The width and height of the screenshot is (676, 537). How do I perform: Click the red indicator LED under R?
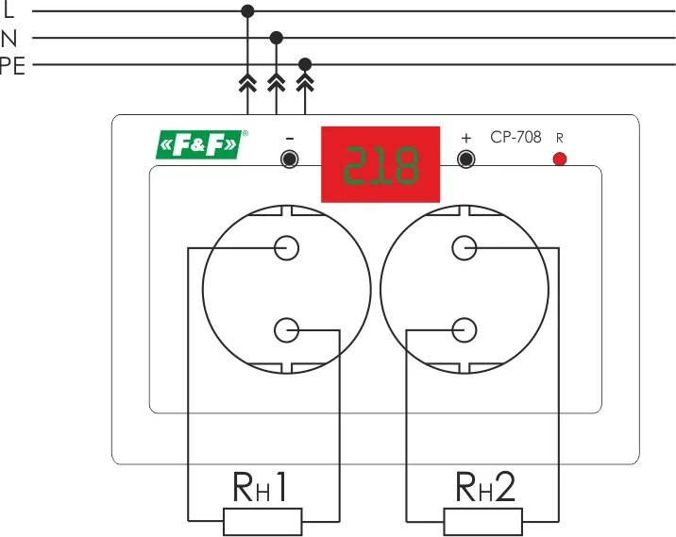[559, 159]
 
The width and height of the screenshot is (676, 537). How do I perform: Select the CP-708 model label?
[515, 137]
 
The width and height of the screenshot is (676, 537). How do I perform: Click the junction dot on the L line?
[247, 11]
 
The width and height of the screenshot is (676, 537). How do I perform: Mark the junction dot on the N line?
[276, 38]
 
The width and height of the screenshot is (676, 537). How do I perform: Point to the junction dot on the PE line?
[304, 64]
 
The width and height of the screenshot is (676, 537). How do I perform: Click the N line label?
[9, 39]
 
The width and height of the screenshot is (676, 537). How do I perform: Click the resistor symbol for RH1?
[262, 520]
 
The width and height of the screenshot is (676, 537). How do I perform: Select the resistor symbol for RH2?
[482, 520]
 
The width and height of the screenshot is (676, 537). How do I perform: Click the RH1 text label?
[261, 487]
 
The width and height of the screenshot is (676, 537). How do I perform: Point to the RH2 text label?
[484, 487]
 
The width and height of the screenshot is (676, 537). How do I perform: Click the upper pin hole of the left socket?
[287, 247]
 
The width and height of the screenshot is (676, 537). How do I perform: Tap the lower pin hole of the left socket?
[287, 330]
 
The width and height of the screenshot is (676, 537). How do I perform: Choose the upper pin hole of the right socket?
[464, 247]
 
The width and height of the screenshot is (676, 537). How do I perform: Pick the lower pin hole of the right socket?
[464, 330]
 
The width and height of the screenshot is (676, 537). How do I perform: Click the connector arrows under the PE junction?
[304, 85]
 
